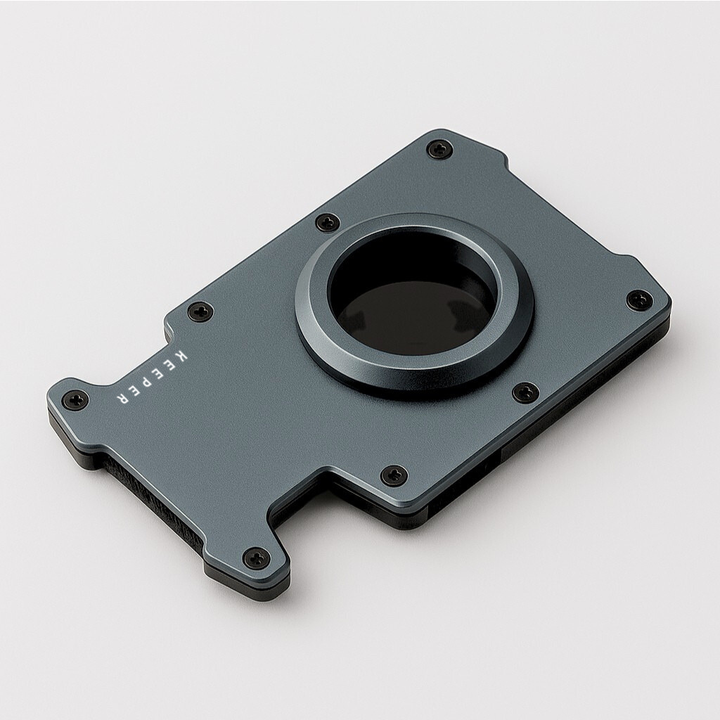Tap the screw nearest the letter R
pos(75,400)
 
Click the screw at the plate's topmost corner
pos(440,148)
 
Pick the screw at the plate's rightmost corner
pos(639,300)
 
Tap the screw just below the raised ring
pos(525,392)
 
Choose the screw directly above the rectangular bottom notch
pos(394,475)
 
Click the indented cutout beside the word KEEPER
pos(141,355)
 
